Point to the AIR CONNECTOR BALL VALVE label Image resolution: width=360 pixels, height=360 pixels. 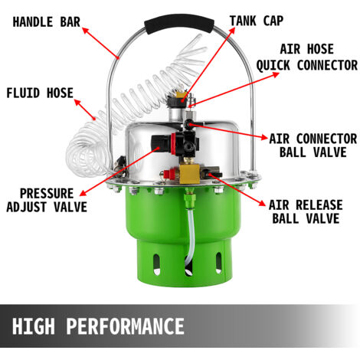tap(313, 146)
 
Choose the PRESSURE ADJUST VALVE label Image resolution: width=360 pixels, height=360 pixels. tap(46, 199)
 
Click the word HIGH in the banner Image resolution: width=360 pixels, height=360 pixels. tap(34, 326)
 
